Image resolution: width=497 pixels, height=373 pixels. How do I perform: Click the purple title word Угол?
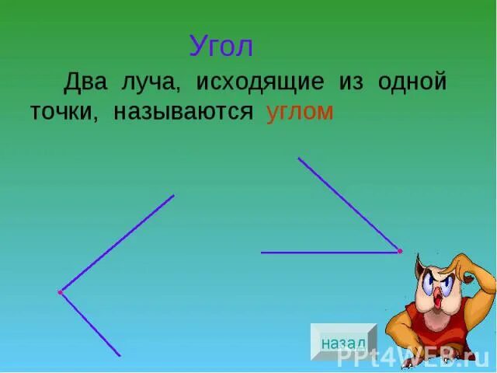point(221,47)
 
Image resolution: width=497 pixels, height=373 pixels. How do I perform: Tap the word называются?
point(183,112)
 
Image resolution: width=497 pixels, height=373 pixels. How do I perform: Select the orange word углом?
point(299,112)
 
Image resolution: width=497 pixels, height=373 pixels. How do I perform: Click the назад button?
point(342,342)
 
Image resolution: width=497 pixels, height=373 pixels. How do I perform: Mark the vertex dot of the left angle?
point(60,292)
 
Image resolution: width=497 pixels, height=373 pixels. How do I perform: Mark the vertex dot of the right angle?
point(400,251)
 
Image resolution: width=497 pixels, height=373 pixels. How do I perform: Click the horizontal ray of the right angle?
point(326,253)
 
